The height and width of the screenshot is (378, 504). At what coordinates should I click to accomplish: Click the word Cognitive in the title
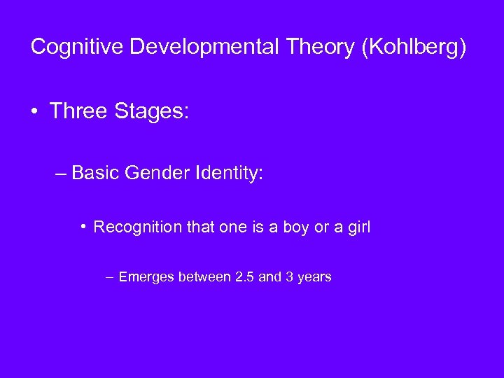click(77, 47)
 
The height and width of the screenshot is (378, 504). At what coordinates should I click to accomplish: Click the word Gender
click(153, 172)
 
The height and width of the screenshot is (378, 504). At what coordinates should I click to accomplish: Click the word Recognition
click(132, 227)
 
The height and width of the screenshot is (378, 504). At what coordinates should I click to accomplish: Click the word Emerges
click(146, 277)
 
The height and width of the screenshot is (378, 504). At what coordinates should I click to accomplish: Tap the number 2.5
click(245, 277)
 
